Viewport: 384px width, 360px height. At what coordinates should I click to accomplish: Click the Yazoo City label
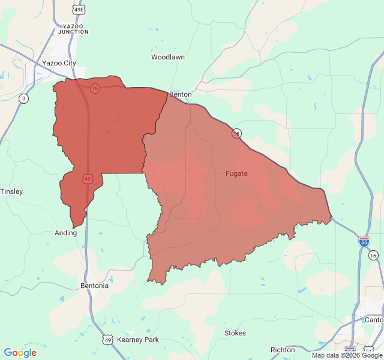coord(59,63)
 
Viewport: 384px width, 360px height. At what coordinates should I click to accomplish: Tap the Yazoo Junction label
coord(74,29)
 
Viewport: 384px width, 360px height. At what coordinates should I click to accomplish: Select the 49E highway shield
coord(79,10)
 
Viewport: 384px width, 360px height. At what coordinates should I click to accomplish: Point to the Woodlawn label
coord(167,58)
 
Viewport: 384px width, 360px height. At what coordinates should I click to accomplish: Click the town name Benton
coord(181,95)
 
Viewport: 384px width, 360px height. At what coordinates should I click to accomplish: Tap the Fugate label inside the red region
coord(236,173)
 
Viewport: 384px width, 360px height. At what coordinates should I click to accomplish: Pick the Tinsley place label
coord(11,191)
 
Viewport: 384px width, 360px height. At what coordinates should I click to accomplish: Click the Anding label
coord(65,233)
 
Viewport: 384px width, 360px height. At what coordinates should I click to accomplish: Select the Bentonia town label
coord(94,286)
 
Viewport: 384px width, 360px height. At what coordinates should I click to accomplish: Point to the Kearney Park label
coord(138,340)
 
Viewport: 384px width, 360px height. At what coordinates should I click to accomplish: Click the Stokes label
coord(235,333)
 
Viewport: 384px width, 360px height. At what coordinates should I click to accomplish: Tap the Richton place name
coord(283,350)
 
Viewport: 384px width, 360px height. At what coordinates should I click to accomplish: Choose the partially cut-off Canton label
coord(374,320)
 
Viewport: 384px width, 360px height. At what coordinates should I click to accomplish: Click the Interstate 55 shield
coord(364,241)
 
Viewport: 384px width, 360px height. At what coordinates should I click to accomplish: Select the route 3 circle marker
coord(23,98)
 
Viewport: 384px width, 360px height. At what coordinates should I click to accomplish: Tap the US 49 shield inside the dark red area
coord(88,179)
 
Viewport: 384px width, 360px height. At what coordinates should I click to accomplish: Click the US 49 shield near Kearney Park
coord(107,340)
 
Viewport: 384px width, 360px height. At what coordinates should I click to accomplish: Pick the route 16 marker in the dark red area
coord(95,88)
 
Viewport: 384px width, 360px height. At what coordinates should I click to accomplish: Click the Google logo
coord(20,353)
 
